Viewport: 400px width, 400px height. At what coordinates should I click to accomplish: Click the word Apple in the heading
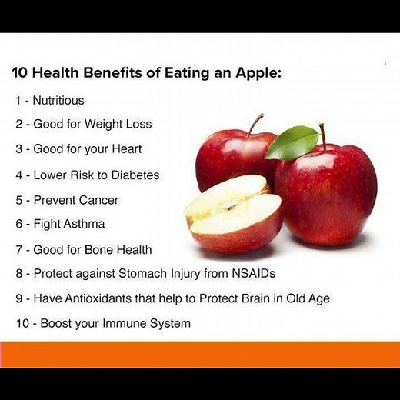pos(258,75)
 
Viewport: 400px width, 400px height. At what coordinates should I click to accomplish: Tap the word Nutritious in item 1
pos(58,100)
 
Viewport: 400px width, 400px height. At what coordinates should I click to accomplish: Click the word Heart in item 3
pos(126,148)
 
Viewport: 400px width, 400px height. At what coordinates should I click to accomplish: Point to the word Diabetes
pos(135,175)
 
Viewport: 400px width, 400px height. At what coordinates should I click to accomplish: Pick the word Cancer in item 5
pos(98,200)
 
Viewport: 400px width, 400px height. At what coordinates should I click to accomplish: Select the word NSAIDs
pos(250,273)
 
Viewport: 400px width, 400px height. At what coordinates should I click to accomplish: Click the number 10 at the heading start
pos(18,75)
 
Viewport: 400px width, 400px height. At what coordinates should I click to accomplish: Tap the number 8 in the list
pos(18,273)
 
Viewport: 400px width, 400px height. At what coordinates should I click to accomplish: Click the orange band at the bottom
pos(200,354)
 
